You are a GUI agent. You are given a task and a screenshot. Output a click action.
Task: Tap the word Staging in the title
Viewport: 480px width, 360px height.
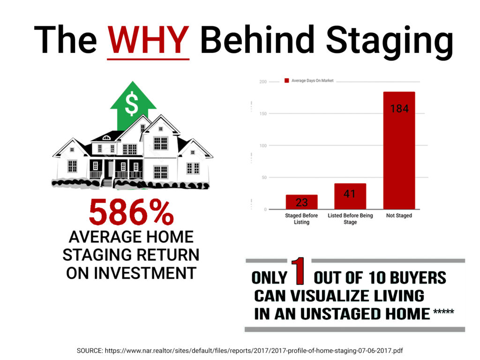coord(390,42)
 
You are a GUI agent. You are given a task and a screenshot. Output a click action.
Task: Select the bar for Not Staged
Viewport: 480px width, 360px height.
coord(399,150)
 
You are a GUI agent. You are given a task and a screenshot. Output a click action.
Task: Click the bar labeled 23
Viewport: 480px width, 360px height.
coord(301,202)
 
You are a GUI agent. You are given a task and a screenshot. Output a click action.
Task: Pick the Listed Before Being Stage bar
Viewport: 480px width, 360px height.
coord(350,196)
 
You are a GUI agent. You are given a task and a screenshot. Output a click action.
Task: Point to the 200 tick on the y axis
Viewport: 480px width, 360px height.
coord(263,82)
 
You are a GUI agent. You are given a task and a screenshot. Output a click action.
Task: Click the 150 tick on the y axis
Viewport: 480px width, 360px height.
coord(263,113)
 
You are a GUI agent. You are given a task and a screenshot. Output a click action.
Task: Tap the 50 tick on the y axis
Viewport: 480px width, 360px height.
coord(264,178)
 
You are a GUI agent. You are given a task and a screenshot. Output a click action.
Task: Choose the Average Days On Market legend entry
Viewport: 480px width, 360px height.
coord(309,81)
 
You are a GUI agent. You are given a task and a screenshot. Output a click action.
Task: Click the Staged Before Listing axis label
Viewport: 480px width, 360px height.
coord(301,218)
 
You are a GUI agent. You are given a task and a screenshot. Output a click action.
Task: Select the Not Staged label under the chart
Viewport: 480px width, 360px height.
coord(399,216)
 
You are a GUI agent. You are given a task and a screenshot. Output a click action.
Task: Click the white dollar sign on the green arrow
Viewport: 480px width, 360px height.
coord(132,104)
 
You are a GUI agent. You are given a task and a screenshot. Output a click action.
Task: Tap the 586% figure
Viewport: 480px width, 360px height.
coord(131,212)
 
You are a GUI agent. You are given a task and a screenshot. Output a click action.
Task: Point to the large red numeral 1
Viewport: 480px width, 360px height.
coord(298,270)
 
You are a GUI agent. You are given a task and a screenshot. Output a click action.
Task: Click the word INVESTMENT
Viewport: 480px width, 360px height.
coord(131,273)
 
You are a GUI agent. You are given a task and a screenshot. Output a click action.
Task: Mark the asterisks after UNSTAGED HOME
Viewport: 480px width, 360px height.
coord(443,312)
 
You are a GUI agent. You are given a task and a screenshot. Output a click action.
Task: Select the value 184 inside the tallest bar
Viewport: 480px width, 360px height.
coord(399,109)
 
